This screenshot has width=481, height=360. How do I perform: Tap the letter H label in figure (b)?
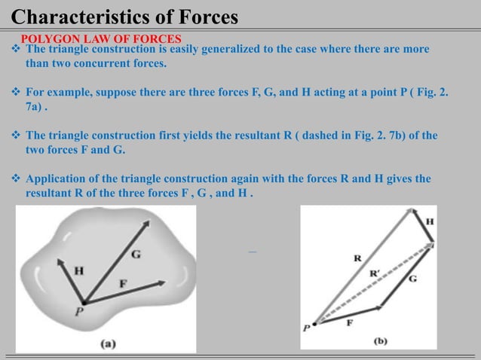tap(430, 222)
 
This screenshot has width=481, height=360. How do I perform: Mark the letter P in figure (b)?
tap(306, 328)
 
